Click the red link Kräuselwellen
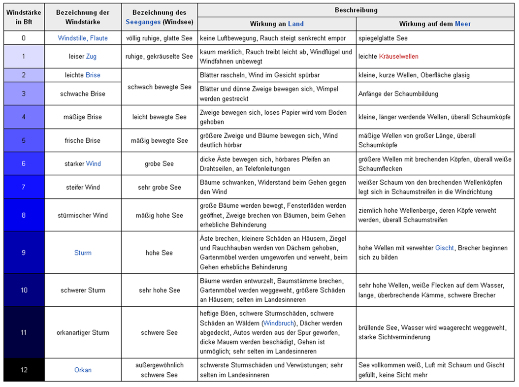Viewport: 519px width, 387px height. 399,57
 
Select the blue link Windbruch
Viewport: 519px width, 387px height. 279,323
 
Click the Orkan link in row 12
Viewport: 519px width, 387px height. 83,370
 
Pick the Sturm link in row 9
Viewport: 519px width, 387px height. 83,253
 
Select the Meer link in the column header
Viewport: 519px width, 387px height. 463,24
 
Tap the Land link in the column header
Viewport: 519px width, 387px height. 296,24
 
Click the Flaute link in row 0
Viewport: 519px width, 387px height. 98,38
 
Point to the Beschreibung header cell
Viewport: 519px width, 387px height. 357,10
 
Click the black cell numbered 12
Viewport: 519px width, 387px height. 24,370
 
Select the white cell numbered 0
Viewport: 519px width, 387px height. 24,38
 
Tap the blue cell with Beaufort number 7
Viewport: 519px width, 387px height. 24,187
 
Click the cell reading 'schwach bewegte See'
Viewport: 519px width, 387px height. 159,87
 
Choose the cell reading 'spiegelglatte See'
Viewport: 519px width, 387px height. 383,38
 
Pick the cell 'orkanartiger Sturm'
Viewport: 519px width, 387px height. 83,332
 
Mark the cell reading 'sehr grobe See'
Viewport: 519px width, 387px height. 159,187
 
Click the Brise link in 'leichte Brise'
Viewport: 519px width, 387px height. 93,75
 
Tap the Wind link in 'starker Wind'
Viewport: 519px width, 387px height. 93,163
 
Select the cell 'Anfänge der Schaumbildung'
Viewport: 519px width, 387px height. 398,94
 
